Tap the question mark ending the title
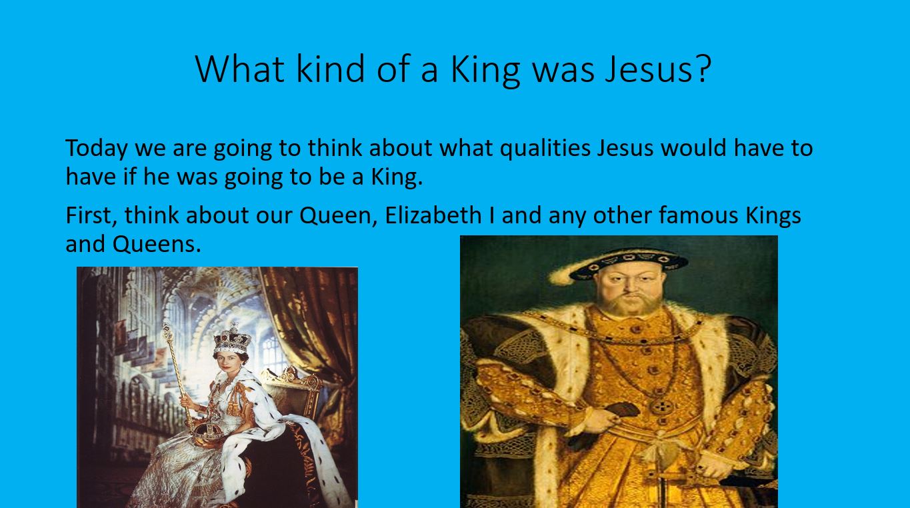(701, 68)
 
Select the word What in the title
(241, 69)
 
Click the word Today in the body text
(97, 149)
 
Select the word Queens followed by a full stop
(157, 245)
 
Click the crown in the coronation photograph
(232, 339)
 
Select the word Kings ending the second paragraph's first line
(773, 216)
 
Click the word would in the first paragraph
(693, 148)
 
